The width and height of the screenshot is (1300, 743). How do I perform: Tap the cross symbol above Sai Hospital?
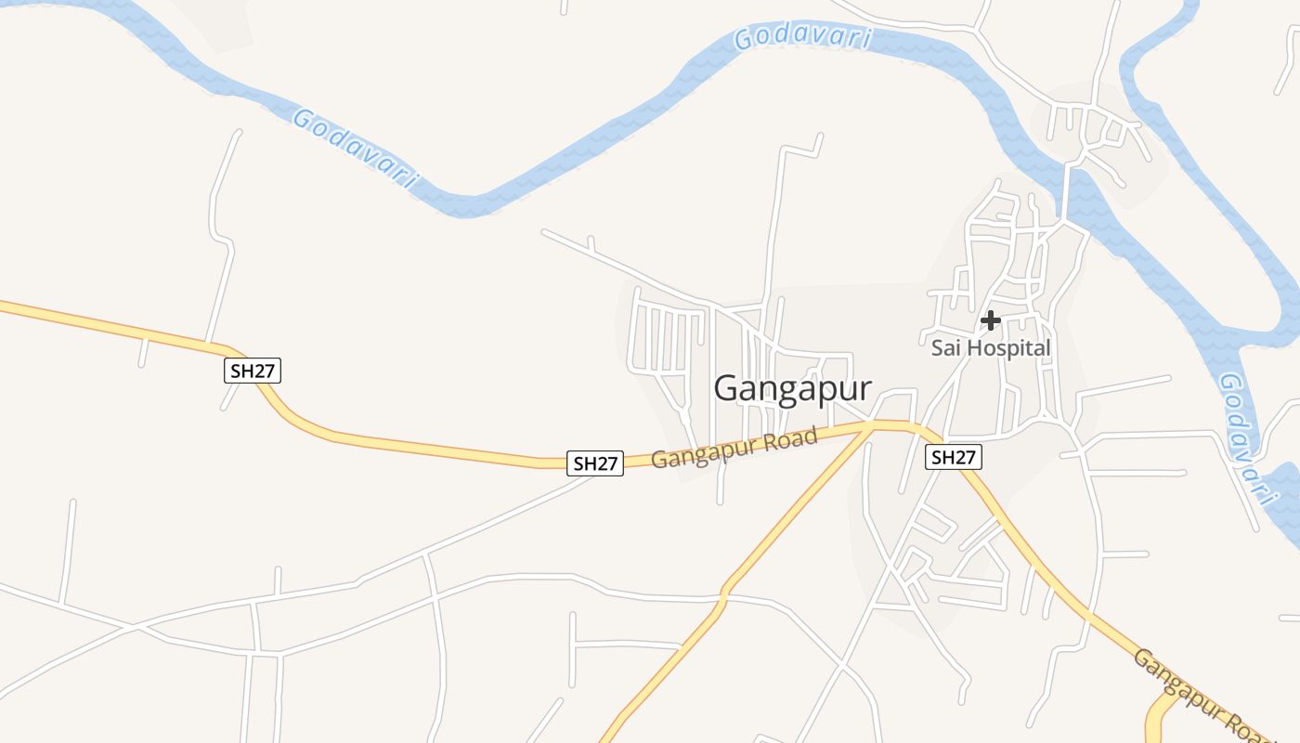[x=991, y=320]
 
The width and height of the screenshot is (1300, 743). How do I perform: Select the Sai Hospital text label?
[x=991, y=348]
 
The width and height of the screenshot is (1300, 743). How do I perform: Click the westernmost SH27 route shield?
[x=253, y=371]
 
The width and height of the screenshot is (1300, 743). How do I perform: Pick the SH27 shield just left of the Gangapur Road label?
[x=594, y=463]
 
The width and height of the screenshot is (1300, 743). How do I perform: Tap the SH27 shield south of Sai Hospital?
[x=954, y=457]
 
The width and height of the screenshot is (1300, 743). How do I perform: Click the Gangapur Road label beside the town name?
[x=734, y=447]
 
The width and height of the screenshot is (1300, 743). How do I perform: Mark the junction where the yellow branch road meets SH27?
[x=871, y=426]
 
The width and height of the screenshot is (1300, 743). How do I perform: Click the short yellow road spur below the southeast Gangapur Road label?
[x=1158, y=720]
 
